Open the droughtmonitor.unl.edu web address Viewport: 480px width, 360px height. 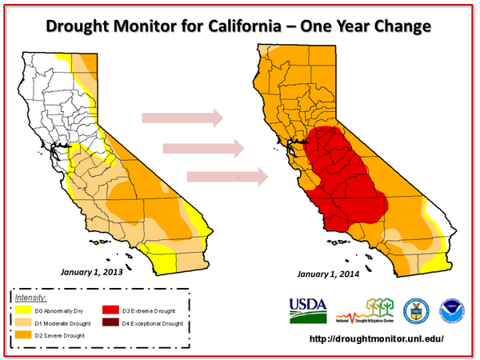point(377,339)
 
